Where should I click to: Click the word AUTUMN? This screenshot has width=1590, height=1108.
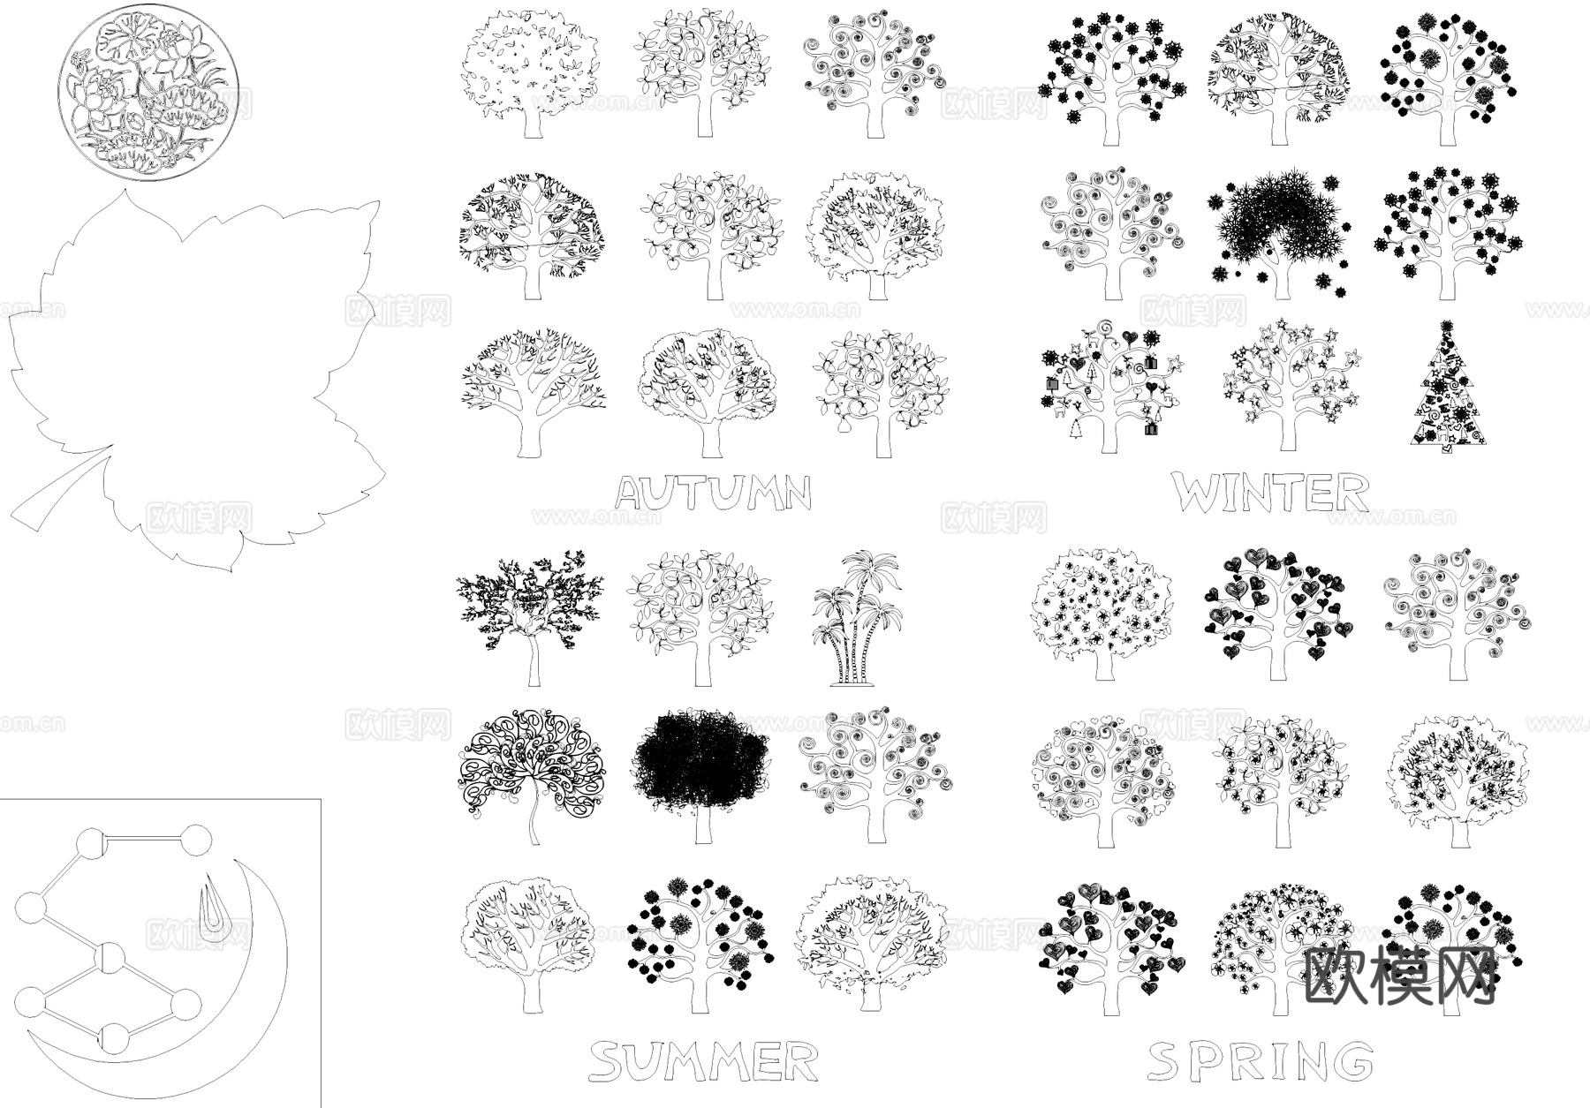[x=713, y=494]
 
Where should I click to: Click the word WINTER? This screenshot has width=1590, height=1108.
[x=1271, y=493]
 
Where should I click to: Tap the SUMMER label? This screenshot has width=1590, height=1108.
[x=703, y=1061]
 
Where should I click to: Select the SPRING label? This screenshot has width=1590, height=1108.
[x=1261, y=1061]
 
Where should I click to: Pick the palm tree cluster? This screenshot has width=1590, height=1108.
[x=855, y=618]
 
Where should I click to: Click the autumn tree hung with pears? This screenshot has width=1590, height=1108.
[x=880, y=393]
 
